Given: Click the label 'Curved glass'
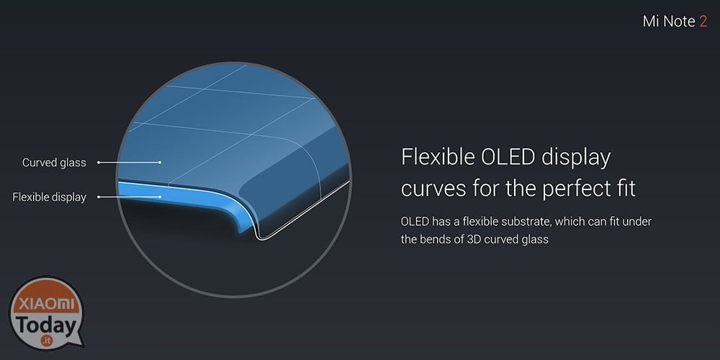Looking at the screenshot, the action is (54, 163).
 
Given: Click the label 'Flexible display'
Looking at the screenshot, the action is (49, 197).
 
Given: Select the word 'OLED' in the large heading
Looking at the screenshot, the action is (508, 157).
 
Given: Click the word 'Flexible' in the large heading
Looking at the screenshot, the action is (437, 157).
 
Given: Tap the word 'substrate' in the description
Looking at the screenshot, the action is (527, 222).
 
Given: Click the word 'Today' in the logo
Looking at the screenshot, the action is (45, 325).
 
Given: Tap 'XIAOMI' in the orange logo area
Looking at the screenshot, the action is (45, 304).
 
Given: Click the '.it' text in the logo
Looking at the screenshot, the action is (45, 341).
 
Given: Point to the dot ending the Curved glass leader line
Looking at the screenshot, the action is (160, 162).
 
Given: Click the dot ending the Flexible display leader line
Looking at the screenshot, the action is (160, 197).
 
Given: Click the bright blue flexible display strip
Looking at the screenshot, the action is (184, 194).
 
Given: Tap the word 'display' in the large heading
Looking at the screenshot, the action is (576, 158).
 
